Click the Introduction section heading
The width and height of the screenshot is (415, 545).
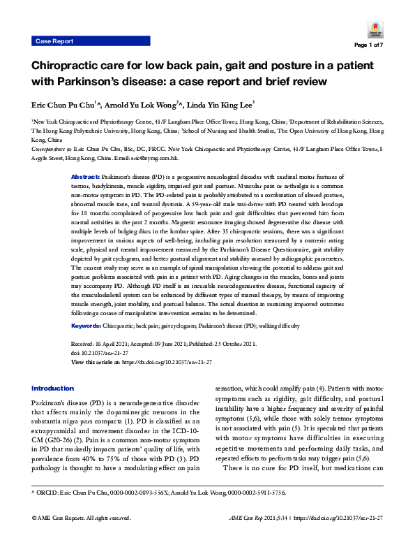click(x=53, y=388)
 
